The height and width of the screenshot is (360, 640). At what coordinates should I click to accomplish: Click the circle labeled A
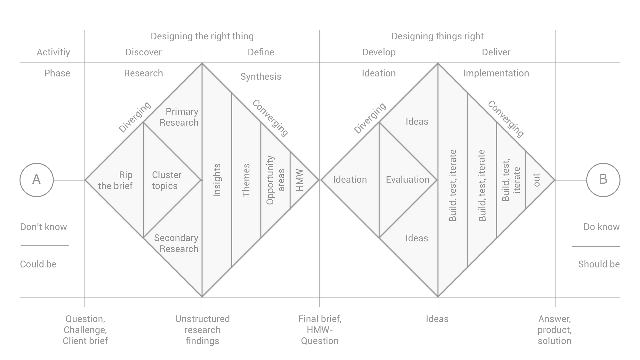tap(36, 180)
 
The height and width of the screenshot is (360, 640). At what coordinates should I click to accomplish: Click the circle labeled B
tap(603, 180)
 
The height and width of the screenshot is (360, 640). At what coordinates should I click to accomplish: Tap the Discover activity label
tap(143, 52)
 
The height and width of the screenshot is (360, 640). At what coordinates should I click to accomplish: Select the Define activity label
tap(261, 52)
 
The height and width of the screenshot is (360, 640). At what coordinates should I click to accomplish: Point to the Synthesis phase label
tap(261, 77)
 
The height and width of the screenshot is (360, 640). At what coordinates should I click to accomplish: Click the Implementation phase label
tap(496, 74)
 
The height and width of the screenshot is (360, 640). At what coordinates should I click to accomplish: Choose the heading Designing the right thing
tap(202, 36)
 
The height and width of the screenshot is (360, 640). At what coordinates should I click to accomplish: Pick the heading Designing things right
tap(437, 36)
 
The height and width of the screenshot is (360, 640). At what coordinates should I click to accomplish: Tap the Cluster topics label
tap(166, 180)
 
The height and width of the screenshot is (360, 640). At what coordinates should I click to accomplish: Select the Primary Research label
tap(179, 117)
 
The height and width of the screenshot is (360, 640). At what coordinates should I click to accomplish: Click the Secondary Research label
tap(176, 243)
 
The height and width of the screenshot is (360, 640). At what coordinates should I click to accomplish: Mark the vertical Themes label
tap(246, 180)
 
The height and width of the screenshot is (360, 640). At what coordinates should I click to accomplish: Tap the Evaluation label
tap(407, 180)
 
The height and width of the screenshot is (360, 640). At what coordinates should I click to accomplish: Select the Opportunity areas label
tap(275, 180)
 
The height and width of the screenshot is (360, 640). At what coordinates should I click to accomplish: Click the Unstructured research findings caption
tap(202, 330)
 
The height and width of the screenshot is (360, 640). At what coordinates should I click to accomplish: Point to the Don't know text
tap(44, 227)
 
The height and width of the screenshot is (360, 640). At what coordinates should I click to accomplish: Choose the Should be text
tap(599, 264)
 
